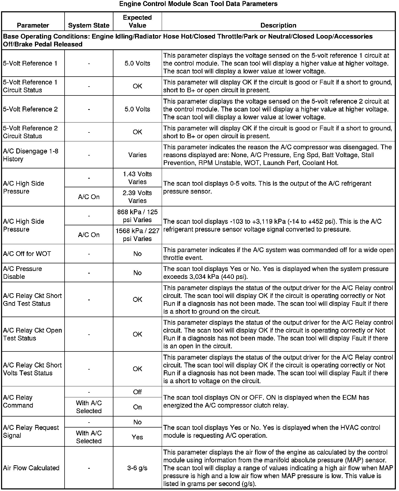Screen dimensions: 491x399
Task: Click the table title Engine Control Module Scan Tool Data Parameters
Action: point(198,4)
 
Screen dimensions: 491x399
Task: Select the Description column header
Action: point(278,25)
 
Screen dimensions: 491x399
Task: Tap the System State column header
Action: point(89,25)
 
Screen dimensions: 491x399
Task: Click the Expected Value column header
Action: point(137,22)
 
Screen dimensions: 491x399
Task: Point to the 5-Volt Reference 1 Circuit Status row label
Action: point(30,86)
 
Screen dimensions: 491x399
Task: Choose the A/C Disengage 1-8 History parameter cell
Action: point(31,155)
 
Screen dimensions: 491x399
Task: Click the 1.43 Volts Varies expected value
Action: point(137,178)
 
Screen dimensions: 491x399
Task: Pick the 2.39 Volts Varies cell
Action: point(137,197)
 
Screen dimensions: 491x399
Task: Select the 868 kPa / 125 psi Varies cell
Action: point(137,216)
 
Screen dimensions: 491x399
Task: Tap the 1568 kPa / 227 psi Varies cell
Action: point(137,235)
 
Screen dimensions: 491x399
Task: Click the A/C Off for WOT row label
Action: point(27,254)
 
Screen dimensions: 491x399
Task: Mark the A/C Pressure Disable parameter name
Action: point(23,273)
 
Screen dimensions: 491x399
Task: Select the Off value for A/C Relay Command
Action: point(137,392)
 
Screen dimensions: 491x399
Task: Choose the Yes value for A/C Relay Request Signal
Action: point(137,437)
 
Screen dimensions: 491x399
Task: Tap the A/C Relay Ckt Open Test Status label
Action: point(33,334)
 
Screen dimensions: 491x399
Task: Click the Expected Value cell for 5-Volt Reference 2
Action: point(137,109)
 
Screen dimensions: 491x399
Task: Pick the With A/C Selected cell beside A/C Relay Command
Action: point(89,407)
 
